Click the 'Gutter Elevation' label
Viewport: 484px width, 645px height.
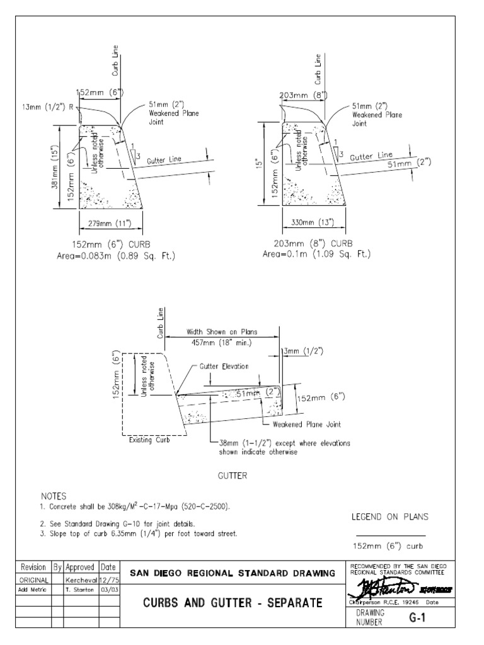[224, 367]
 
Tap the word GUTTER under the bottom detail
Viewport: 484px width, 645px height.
[233, 476]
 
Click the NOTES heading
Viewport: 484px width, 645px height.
[54, 496]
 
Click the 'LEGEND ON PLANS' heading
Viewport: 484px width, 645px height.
[389, 517]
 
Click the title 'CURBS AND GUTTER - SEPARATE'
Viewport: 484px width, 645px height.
[232, 603]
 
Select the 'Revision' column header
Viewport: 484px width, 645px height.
[33, 567]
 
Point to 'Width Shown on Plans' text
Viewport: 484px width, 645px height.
[222, 331]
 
